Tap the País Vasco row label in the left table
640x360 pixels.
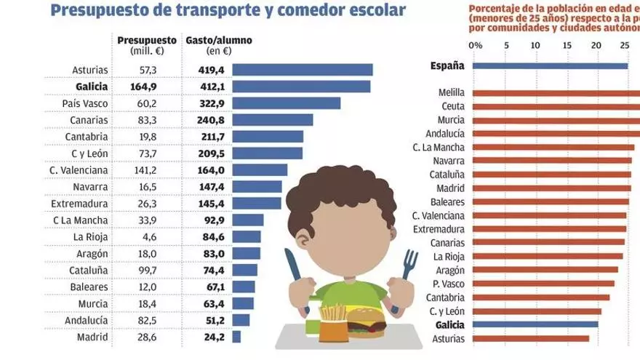point(86,103)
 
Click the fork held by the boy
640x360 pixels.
point(410,273)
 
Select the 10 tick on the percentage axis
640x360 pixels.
point(536,45)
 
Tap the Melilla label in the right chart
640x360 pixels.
point(452,93)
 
